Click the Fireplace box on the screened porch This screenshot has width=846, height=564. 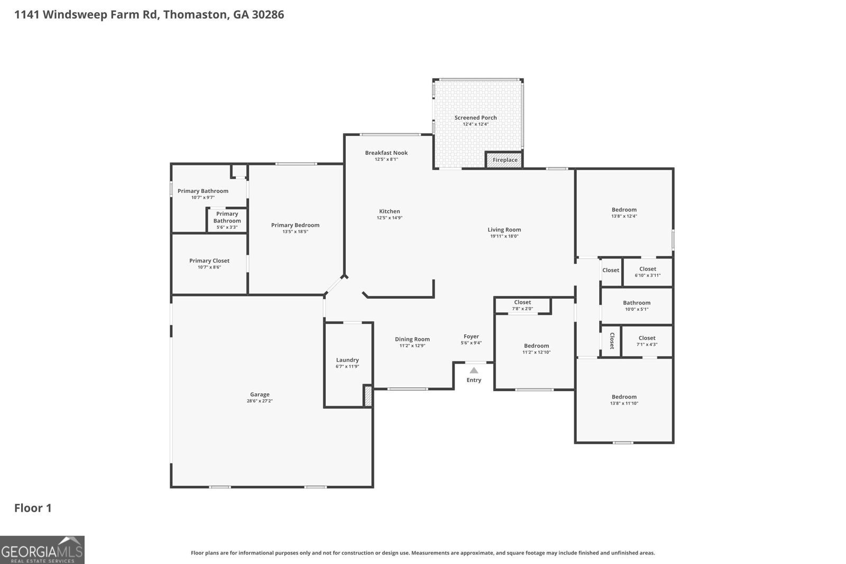[x=504, y=160]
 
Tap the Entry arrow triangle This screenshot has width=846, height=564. [x=474, y=371]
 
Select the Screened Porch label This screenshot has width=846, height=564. [x=475, y=118]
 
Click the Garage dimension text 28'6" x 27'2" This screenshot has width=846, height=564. [x=260, y=401]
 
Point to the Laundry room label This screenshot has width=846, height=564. [x=347, y=360]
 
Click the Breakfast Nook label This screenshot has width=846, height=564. [x=387, y=153]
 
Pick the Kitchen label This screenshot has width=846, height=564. [x=389, y=211]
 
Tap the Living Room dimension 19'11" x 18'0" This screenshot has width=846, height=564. [x=504, y=236]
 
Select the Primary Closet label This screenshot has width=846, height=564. [x=209, y=261]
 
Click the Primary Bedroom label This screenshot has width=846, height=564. [x=296, y=225]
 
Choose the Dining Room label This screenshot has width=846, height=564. [x=412, y=339]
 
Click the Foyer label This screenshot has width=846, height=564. [x=471, y=337]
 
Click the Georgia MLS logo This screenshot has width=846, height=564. [x=42, y=550]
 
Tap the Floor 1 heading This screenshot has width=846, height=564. [x=33, y=508]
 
